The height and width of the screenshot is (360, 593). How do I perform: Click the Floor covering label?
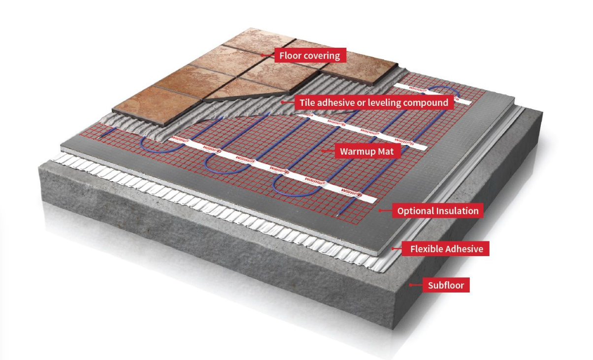pyautogui.click(x=310, y=55)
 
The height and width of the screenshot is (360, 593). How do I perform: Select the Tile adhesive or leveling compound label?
pyautogui.click(x=373, y=103)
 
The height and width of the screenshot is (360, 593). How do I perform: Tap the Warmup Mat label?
pyautogui.click(x=367, y=151)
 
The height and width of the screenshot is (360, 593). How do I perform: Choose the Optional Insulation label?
pyautogui.click(x=438, y=211)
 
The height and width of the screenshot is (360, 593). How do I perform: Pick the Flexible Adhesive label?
pyautogui.click(x=447, y=249)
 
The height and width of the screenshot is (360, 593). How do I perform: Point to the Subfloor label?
pyautogui.click(x=446, y=285)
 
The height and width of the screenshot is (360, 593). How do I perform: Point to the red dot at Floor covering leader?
pyautogui.click(x=263, y=55)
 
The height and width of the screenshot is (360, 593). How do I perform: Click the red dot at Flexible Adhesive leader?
pyautogui.click(x=393, y=249)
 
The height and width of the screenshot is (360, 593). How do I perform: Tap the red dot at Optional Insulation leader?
pyautogui.click(x=380, y=211)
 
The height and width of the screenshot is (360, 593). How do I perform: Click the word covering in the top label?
pyautogui.click(x=322, y=55)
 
